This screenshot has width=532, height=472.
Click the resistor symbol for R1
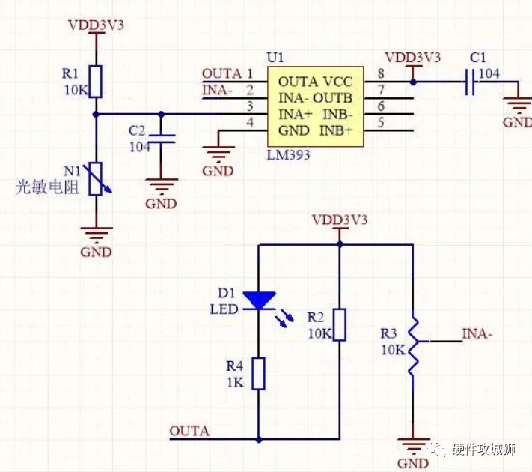pyautogui.click(x=96, y=81)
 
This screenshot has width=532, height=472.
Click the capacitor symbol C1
pyautogui.click(x=470, y=82)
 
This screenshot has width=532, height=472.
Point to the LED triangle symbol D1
pyautogui.click(x=259, y=300)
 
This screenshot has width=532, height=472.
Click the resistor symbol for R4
pyautogui.click(x=259, y=373)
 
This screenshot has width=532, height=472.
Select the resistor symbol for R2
pyautogui.click(x=340, y=324)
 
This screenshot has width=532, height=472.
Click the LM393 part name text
pyautogui.click(x=288, y=155)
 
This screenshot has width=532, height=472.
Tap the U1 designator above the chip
pyautogui.click(x=275, y=58)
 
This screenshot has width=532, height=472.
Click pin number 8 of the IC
pyautogui.click(x=381, y=74)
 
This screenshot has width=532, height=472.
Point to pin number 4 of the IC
pyautogui.click(x=250, y=122)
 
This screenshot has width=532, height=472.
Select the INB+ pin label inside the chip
pyautogui.click(x=340, y=130)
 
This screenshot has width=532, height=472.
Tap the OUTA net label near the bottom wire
pyautogui.click(x=189, y=431)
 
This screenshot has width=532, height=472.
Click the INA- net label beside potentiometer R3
pyautogui.click(x=477, y=333)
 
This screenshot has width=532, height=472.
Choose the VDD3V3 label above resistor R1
pyautogui.click(x=96, y=25)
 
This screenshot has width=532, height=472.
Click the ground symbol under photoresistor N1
pyautogui.click(x=96, y=233)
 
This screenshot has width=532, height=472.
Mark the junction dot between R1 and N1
pyautogui.click(x=96, y=115)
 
